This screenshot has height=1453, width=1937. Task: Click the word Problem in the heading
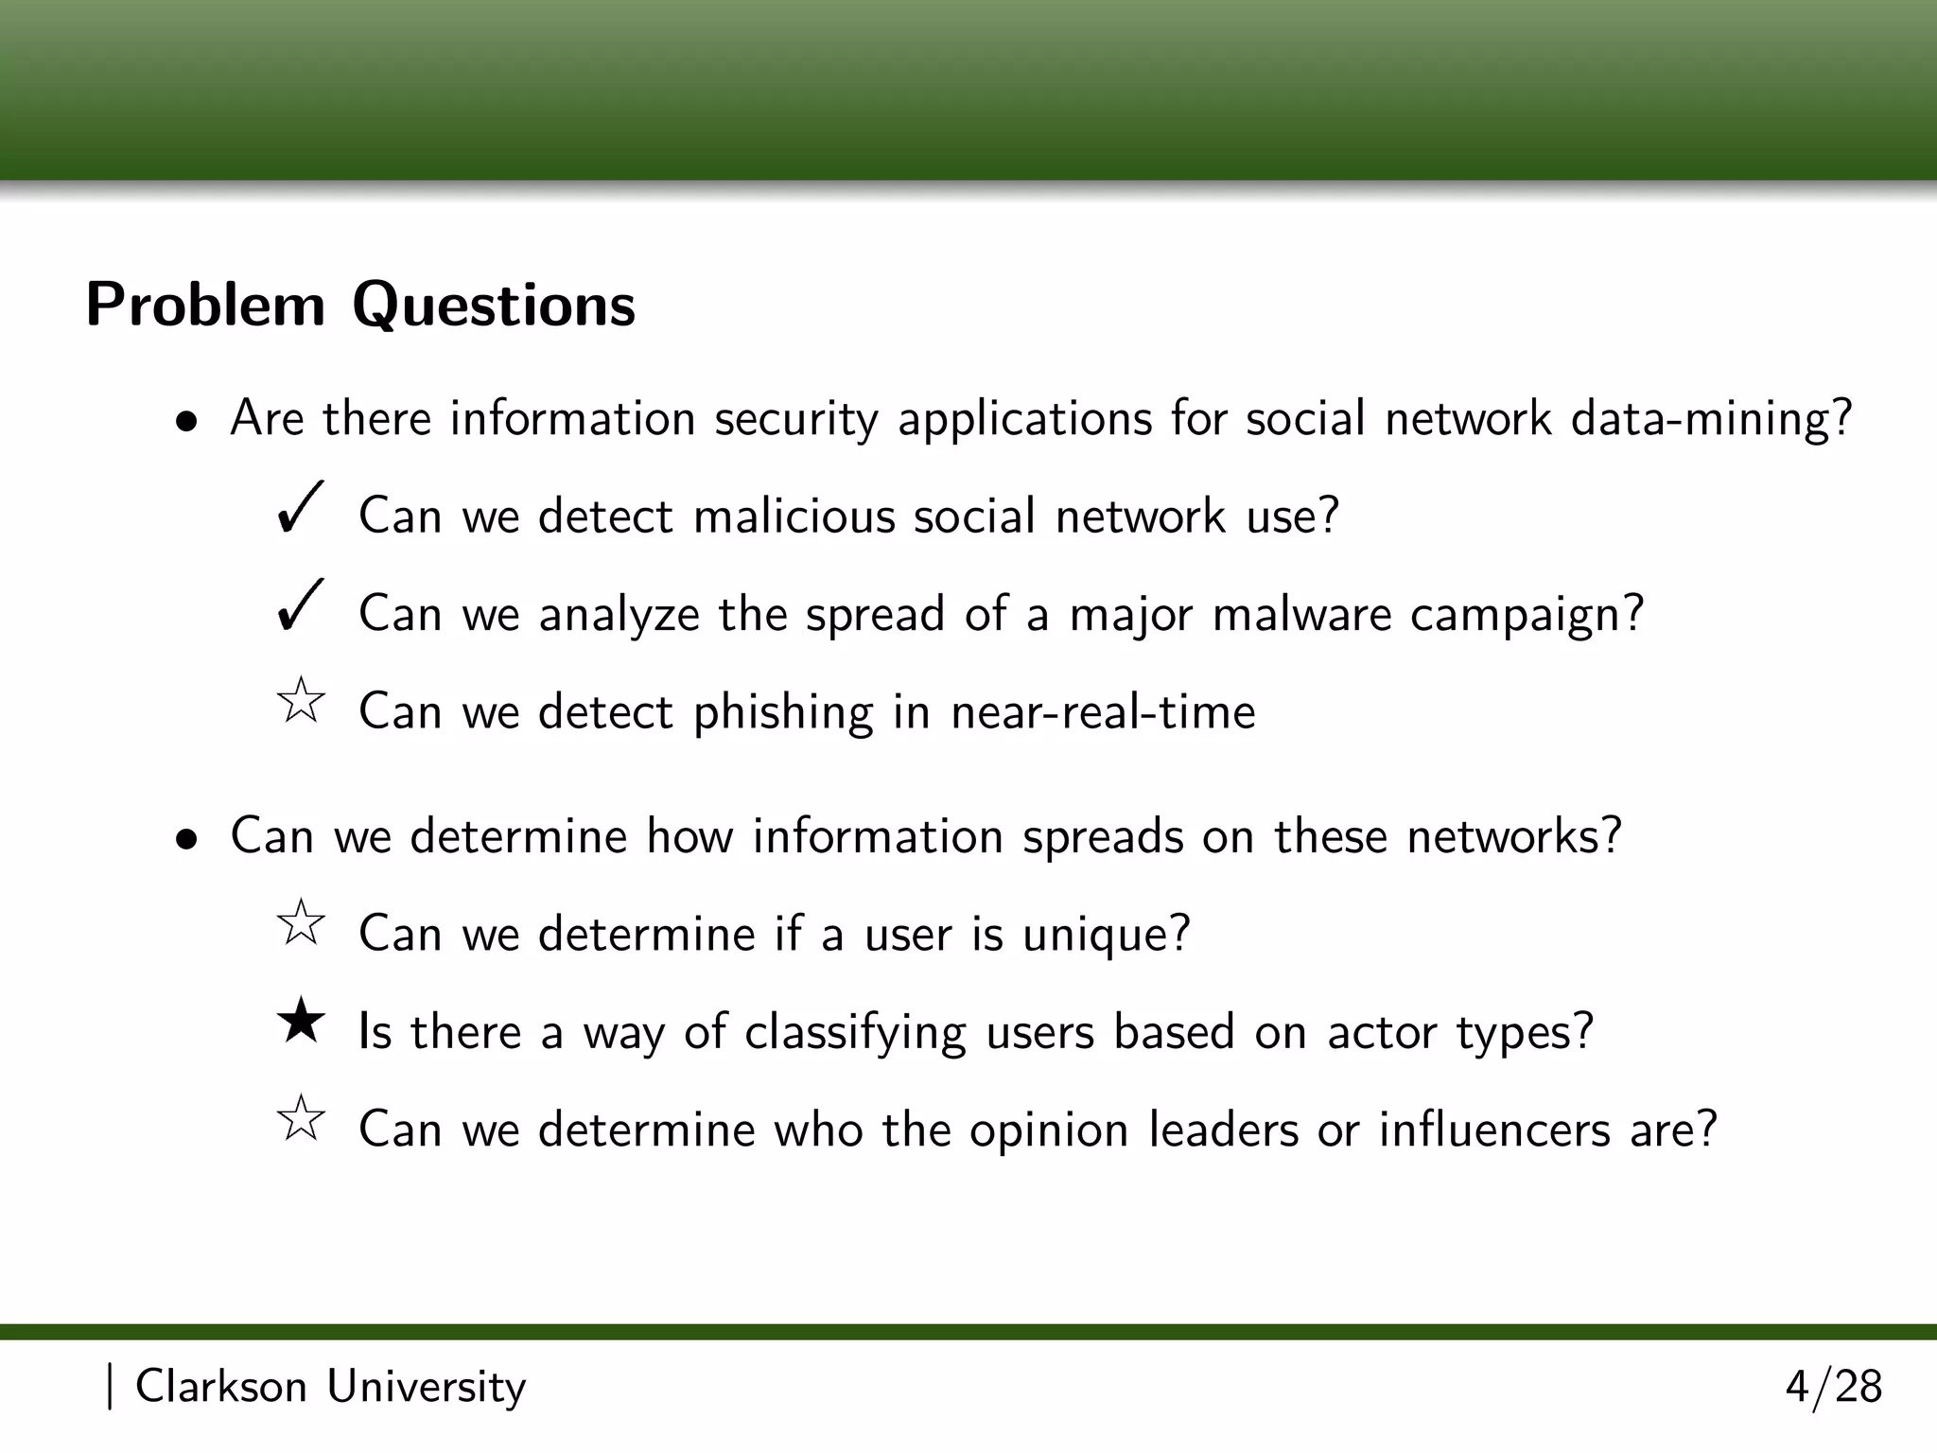tap(205, 306)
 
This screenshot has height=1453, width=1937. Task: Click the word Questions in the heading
tap(494, 306)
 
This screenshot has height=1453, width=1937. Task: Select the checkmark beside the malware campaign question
tap(301, 605)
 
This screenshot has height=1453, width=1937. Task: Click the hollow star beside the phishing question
tap(301, 701)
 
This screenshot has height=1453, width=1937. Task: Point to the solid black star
tap(301, 1022)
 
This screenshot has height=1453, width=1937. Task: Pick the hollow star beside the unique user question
tap(301, 923)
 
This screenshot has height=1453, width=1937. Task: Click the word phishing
tap(783, 713)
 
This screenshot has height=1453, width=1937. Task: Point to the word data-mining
tap(1711, 419)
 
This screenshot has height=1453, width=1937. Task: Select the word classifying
tap(855, 1033)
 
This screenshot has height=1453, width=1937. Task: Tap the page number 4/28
tap(1833, 1388)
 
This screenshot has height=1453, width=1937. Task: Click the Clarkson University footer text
tap(330, 1388)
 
